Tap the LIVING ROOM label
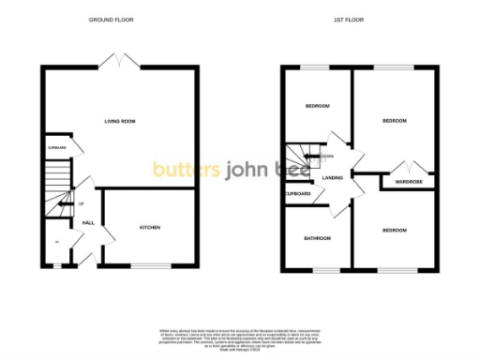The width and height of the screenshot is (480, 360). pyautogui.click(x=120, y=121)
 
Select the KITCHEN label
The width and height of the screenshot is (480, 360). pyautogui.click(x=150, y=227)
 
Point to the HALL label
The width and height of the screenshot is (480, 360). pyautogui.click(x=88, y=222)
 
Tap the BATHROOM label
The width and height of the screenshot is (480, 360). pyautogui.click(x=316, y=238)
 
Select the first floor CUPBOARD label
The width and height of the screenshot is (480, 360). pyautogui.click(x=298, y=193)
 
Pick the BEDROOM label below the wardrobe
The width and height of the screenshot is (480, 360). pyautogui.click(x=393, y=230)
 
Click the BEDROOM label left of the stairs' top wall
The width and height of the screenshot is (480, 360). pyautogui.click(x=317, y=106)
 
